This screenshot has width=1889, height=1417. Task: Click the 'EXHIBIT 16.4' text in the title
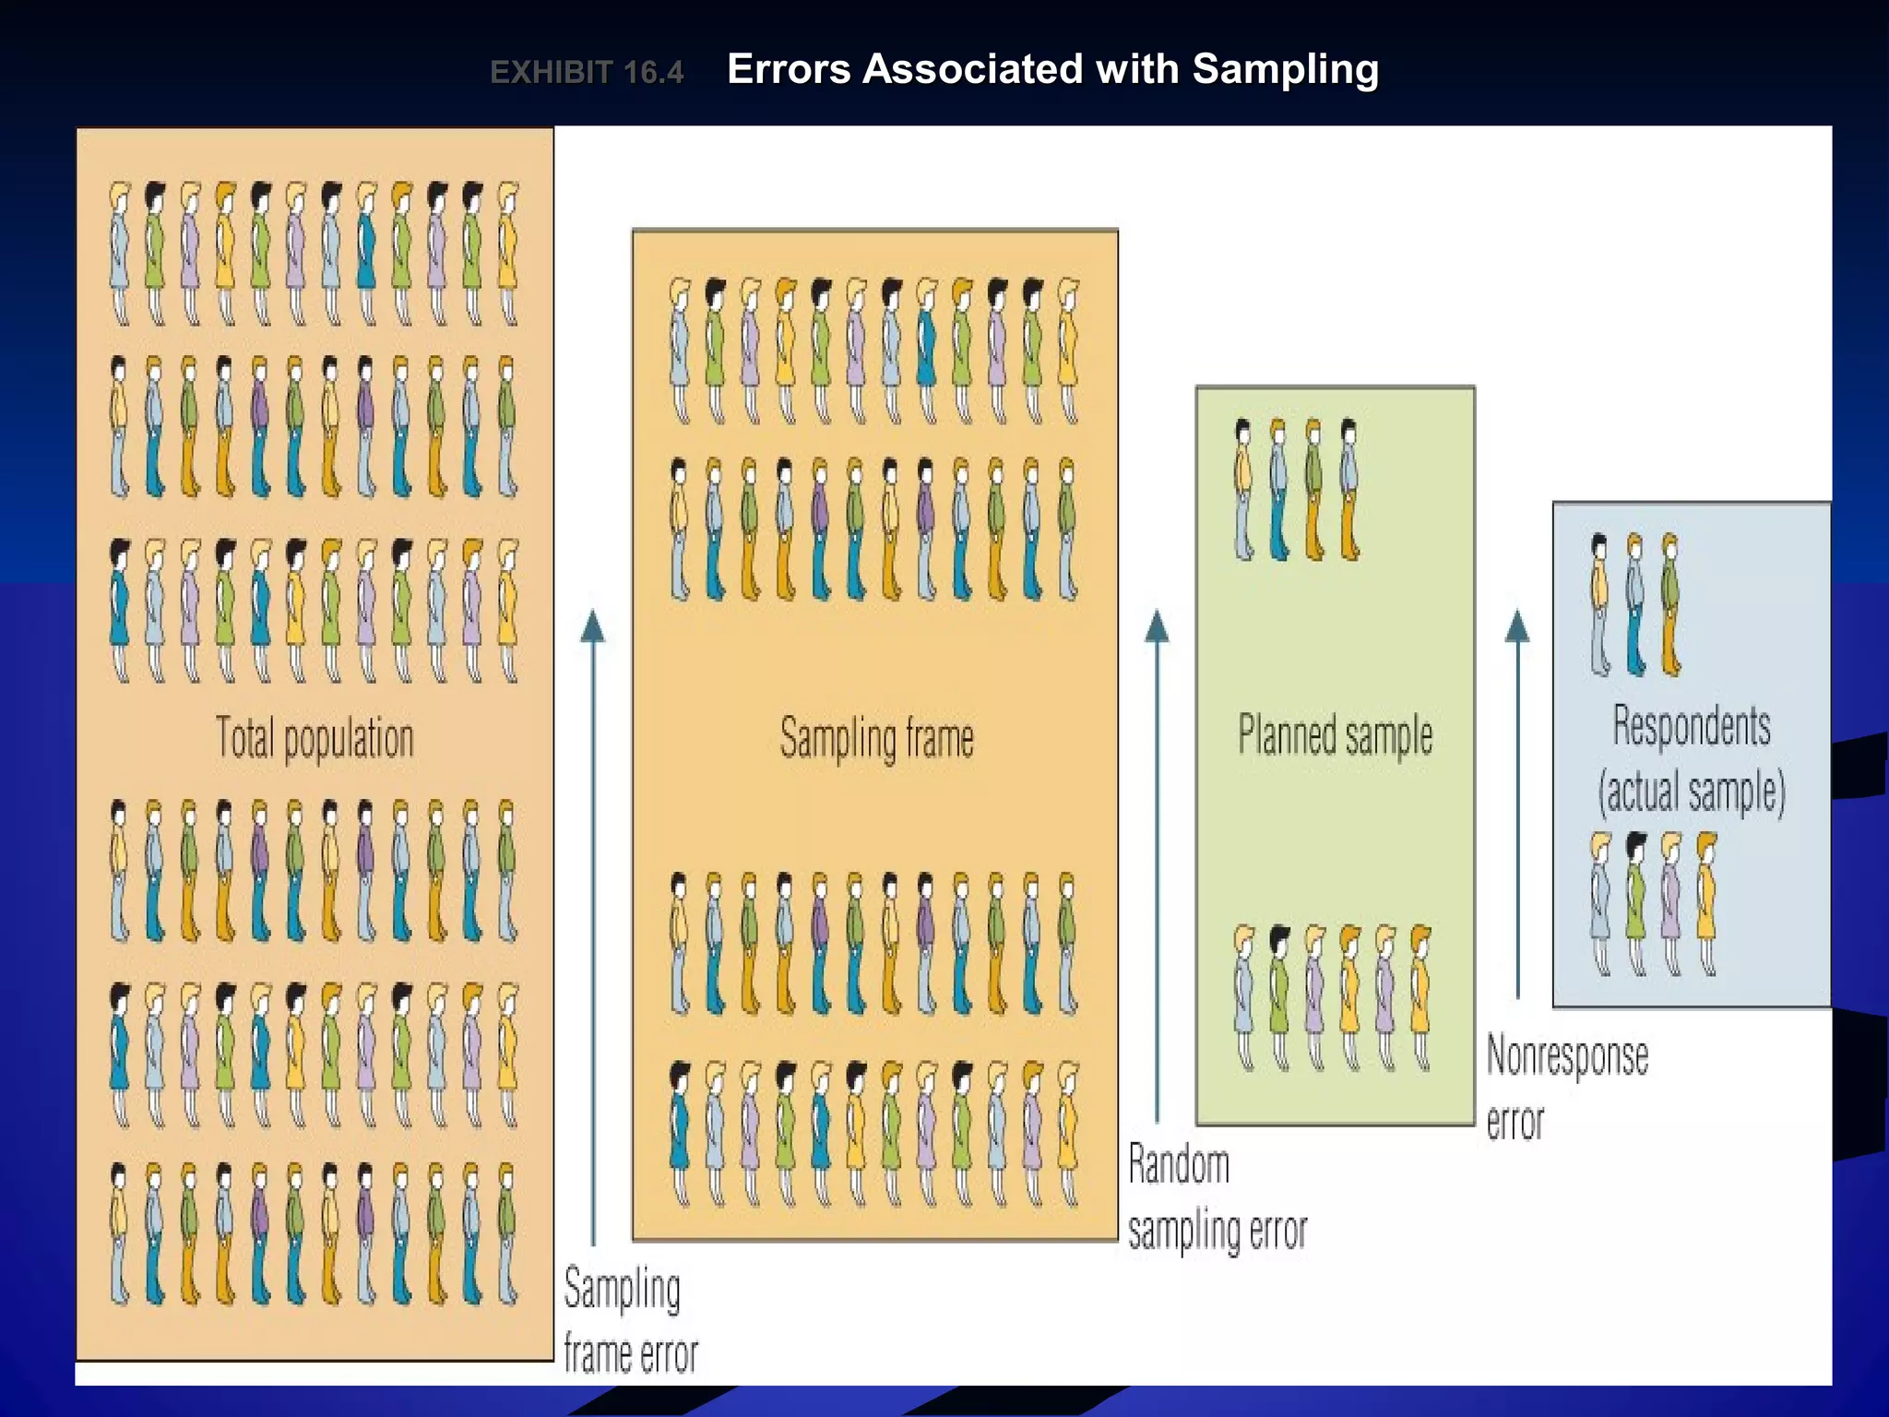[587, 72]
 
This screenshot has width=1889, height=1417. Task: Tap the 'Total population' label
[315, 739]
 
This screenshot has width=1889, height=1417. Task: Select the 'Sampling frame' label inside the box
[876, 739]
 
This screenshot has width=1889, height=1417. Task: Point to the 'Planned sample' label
[1335, 736]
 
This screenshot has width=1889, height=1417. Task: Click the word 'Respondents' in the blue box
[1692, 726]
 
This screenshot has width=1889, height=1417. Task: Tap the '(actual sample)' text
[1692, 792]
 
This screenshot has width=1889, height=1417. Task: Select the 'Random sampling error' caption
[1216, 1197]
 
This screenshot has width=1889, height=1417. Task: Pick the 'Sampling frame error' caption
[630, 1321]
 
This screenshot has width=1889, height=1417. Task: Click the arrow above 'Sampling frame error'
[593, 923]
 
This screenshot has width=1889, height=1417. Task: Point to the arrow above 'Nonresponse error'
[1517, 803]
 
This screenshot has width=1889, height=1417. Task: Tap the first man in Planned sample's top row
[1243, 489]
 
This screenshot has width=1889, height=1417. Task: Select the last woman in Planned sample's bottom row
[1421, 996]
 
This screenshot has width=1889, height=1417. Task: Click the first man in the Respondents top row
[1600, 604]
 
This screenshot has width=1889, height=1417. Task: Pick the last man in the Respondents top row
[1670, 604]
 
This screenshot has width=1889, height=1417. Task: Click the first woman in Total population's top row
[120, 252]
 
